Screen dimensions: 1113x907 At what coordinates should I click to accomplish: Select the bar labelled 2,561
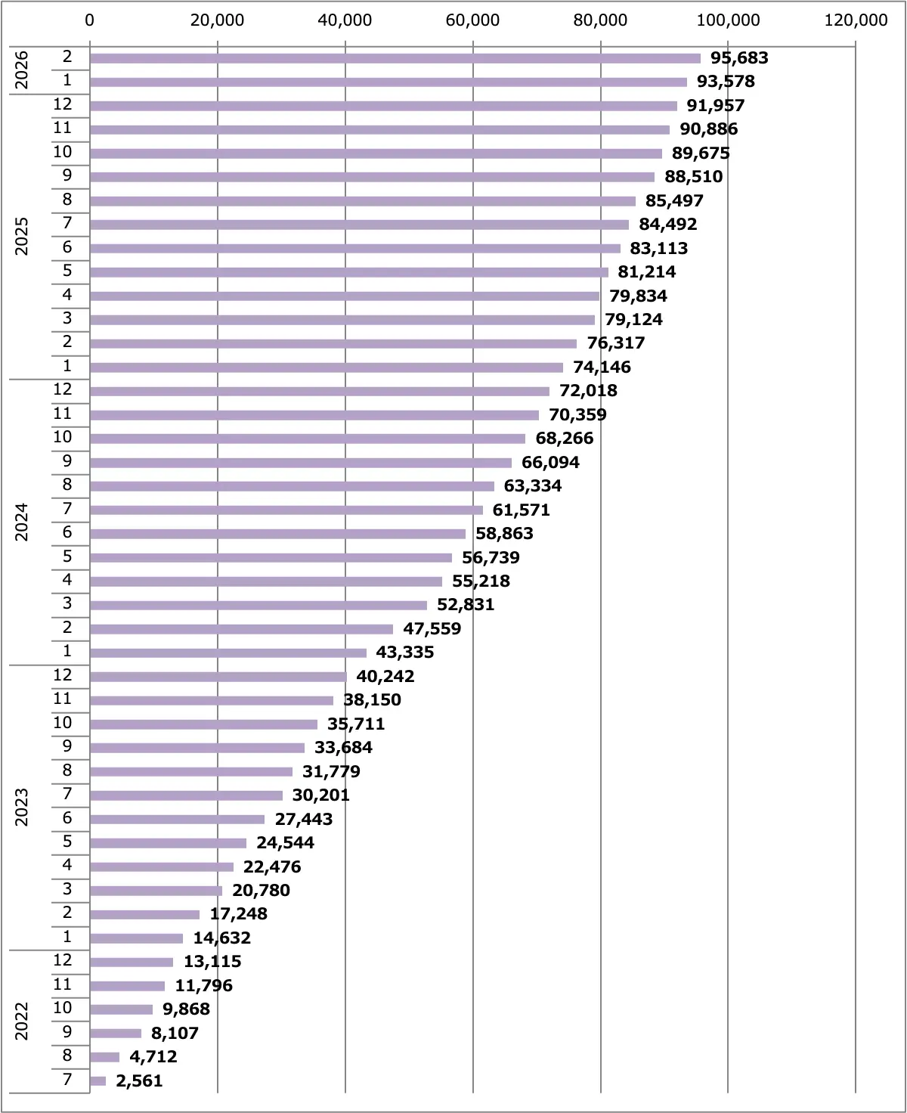[98, 1081]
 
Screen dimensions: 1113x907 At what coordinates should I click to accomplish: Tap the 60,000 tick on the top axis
[472, 20]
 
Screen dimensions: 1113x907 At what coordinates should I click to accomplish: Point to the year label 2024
[22, 522]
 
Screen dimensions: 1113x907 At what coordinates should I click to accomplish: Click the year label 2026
[22, 70]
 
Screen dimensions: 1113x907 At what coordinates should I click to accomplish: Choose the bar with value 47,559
[241, 629]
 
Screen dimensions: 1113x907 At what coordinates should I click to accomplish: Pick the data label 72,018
[588, 391]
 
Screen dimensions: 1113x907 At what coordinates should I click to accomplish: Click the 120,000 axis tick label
[856, 20]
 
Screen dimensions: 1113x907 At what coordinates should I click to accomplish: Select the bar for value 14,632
[136, 938]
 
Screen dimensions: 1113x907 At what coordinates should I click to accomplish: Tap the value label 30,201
[320, 795]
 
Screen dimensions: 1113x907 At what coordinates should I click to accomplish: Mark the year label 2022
[22, 1021]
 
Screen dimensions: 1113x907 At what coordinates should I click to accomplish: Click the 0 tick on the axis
[90, 20]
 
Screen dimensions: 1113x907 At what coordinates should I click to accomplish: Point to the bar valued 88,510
[372, 177]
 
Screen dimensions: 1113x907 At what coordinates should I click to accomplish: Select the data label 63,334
[532, 486]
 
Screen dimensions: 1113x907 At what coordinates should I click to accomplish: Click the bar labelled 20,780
[156, 891]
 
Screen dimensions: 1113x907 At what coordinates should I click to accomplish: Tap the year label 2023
[22, 807]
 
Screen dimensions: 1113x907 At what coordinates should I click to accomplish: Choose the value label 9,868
[186, 1009]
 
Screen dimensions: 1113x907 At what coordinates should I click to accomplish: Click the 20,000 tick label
[218, 20]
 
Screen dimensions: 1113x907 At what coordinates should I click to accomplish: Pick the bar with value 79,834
[344, 296]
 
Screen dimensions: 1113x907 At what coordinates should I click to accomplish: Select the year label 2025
[22, 236]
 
